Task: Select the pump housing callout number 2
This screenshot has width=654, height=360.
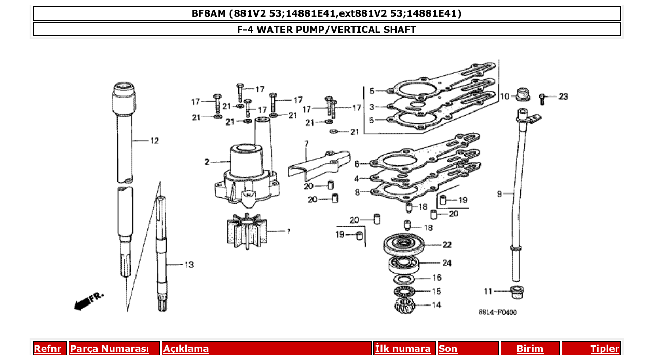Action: point(207,162)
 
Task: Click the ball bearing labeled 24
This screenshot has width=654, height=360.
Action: point(403,264)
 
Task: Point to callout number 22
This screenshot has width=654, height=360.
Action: point(446,245)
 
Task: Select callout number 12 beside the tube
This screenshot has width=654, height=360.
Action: point(154,141)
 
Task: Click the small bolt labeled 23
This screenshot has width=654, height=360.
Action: point(542,98)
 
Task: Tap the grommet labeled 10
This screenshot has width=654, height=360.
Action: point(522,94)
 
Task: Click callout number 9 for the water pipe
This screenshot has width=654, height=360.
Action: point(499,194)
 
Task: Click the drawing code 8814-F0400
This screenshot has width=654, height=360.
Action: point(497,312)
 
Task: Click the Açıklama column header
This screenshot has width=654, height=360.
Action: point(186,349)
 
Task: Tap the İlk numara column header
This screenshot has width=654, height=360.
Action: point(403,349)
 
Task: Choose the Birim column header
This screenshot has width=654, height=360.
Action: point(529,349)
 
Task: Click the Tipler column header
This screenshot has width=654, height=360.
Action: point(604,349)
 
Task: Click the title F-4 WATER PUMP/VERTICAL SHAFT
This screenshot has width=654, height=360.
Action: point(326,30)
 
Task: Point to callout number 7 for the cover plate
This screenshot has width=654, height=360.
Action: point(306,143)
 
